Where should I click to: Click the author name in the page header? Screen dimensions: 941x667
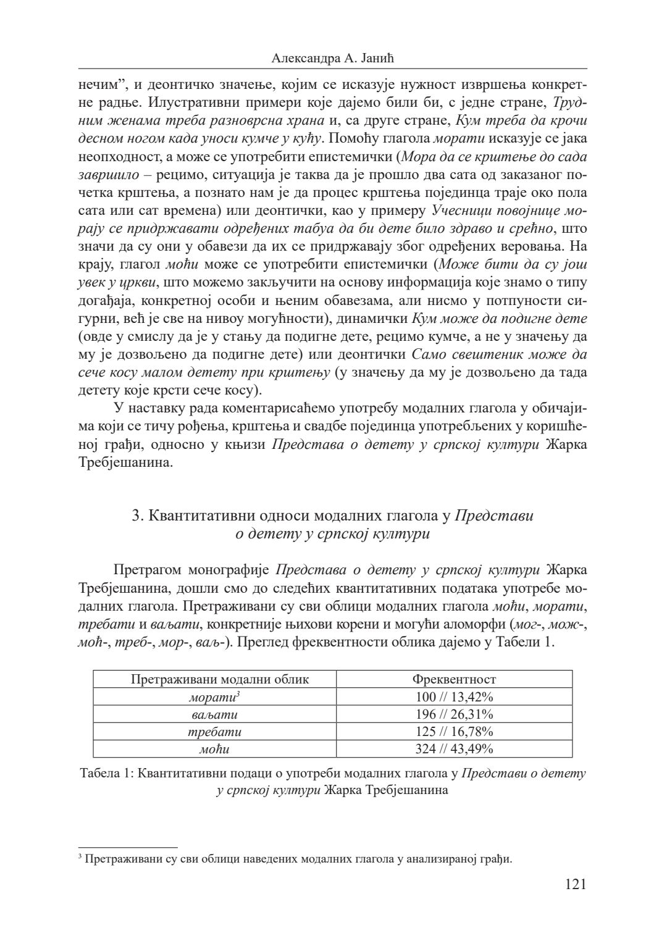pyautogui.click(x=332, y=59)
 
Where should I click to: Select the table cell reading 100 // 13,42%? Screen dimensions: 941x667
pyautogui.click(x=454, y=697)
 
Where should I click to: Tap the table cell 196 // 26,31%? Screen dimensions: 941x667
pyautogui.click(x=454, y=714)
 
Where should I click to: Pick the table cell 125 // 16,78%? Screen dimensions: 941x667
pyautogui.click(x=454, y=732)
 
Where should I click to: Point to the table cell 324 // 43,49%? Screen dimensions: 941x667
pyautogui.click(x=454, y=749)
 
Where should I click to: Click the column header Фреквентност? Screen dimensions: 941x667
pyautogui.click(x=454, y=679)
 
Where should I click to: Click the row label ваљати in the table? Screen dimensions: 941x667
pyautogui.click(x=214, y=714)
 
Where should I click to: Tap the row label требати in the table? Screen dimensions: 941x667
pyautogui.click(x=214, y=732)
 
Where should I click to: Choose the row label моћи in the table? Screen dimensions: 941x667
pyautogui.click(x=214, y=749)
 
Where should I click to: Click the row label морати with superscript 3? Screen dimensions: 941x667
pyautogui.click(x=213, y=697)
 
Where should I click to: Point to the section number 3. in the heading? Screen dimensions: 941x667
pyautogui.click(x=138, y=516)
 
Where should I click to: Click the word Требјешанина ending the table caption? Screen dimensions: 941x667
pyautogui.click(x=409, y=790)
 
